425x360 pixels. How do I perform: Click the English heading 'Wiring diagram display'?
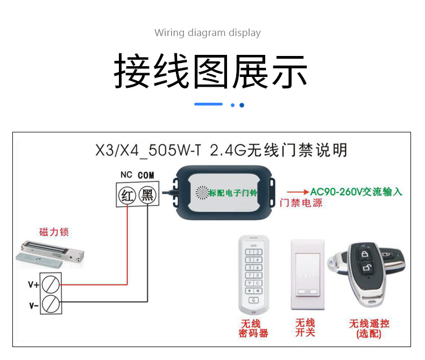click(207, 33)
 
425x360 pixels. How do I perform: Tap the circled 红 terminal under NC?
click(127, 195)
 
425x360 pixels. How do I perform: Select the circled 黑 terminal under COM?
click(147, 195)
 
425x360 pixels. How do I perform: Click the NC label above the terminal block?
click(126, 175)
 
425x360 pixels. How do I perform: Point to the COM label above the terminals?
click(146, 175)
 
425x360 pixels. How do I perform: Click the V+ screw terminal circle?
click(51, 284)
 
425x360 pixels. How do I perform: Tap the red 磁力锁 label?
click(54, 232)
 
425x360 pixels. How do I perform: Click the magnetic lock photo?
click(50, 254)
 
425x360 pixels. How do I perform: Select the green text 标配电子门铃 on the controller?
click(233, 193)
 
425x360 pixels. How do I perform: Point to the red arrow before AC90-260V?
click(298, 192)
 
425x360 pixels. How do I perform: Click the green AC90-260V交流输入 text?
click(356, 192)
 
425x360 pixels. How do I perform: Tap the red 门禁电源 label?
click(301, 203)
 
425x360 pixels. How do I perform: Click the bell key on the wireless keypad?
click(253, 300)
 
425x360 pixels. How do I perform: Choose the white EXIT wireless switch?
click(308, 274)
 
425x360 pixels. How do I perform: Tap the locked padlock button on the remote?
click(365, 255)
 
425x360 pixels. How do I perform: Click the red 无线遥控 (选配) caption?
click(369, 329)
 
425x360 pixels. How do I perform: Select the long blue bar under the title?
click(208, 104)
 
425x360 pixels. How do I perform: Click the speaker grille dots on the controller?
click(202, 193)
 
